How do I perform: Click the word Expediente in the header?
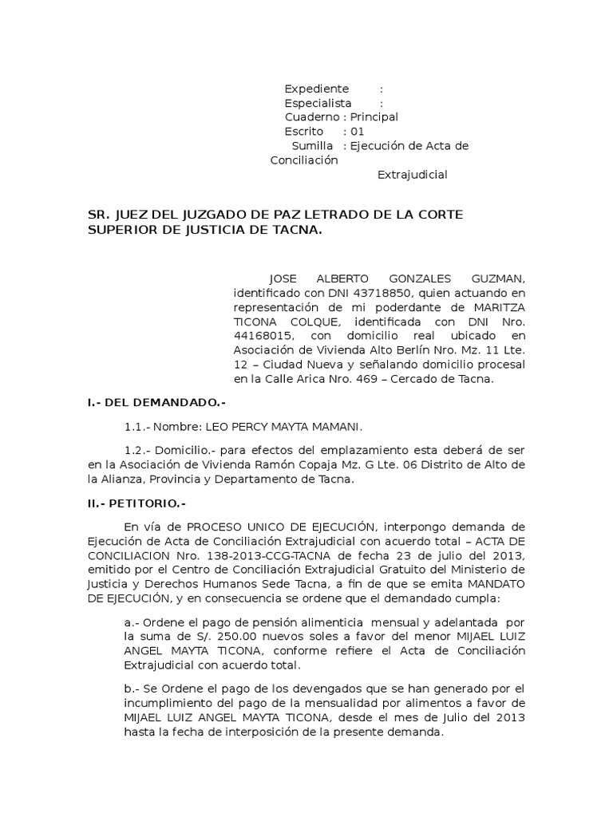point(317,89)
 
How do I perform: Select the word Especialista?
point(318,103)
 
